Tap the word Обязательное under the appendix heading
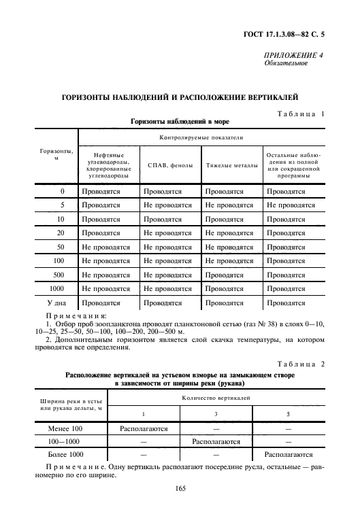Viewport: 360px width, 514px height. click(286, 64)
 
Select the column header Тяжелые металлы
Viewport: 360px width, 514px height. click(231, 165)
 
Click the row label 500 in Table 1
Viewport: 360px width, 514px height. click(60, 275)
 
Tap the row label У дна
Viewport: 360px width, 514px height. click(57, 303)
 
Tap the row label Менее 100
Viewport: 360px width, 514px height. click(67, 430)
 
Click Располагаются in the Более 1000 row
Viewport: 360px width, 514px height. click(289, 454)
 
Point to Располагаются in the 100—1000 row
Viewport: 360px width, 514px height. click(217, 442)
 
